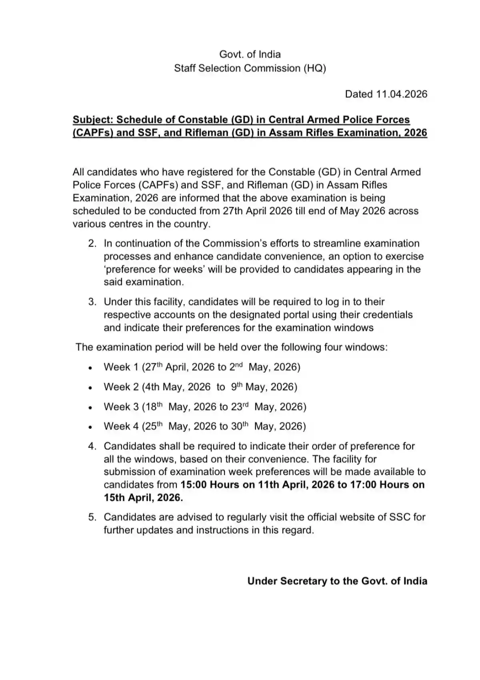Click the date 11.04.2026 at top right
point(402,94)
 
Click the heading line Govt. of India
point(250,54)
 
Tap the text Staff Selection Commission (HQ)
point(250,68)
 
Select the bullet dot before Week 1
point(91,368)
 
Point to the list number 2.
point(92,244)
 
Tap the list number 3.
point(92,302)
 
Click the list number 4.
point(92,446)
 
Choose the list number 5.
point(92,517)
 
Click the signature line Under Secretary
point(337,581)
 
